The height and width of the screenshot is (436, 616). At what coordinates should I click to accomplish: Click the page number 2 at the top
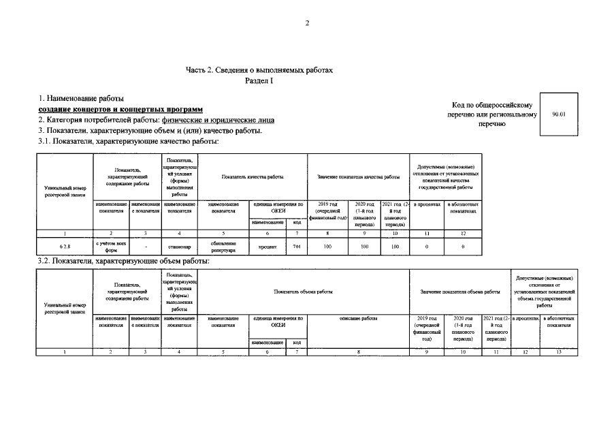coord(308,24)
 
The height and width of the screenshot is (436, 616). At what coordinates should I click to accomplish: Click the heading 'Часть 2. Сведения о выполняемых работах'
coord(259,70)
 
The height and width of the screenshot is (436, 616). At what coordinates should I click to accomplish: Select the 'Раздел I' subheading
coord(259,80)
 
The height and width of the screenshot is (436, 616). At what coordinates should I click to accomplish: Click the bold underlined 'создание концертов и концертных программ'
coord(120,110)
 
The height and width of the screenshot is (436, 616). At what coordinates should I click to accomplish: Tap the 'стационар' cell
coord(180,247)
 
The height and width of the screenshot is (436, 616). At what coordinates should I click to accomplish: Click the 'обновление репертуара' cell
coord(223,247)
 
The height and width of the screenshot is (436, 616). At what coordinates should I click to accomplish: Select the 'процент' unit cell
coord(267,247)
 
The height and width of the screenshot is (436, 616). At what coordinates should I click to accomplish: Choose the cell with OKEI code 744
coord(297,247)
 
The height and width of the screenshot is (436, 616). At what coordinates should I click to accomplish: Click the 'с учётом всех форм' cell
coord(110,247)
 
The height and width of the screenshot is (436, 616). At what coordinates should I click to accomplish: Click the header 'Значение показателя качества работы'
coord(358,177)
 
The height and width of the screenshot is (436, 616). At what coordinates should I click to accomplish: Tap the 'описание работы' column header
coord(358,318)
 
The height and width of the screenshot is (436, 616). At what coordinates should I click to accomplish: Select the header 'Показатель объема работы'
coord(303,292)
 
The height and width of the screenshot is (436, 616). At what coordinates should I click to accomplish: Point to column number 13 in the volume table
coord(559,352)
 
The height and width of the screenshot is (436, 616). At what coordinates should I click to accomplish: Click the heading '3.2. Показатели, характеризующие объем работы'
coord(123,261)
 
